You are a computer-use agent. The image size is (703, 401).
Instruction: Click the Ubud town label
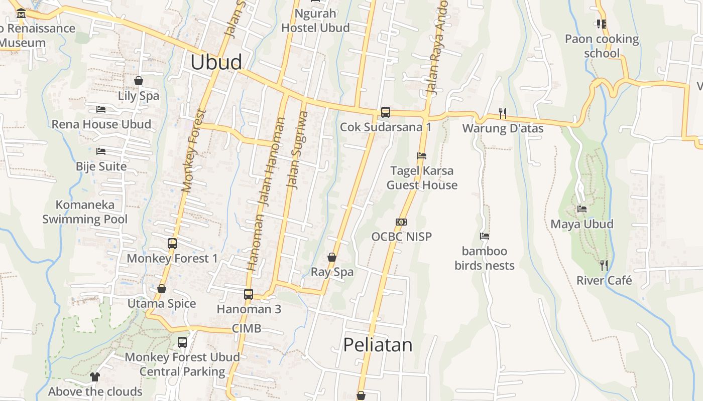216,62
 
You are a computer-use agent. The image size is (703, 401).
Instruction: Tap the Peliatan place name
378,345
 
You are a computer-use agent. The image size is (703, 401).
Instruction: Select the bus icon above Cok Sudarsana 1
385,112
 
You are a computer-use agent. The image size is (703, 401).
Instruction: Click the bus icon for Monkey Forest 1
172,244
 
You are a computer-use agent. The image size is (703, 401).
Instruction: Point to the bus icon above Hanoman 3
249,294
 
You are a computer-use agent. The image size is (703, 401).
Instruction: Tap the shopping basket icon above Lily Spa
139,81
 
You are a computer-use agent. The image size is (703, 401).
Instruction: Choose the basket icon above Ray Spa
332,257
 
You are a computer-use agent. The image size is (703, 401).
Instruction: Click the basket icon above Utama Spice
162,289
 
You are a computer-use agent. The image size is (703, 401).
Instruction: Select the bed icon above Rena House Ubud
101,109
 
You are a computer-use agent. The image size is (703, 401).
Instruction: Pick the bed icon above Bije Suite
101,151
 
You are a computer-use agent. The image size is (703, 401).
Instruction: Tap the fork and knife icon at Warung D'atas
503,113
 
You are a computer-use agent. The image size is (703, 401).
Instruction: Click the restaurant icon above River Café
604,265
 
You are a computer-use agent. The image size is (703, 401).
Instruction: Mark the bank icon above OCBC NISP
401,222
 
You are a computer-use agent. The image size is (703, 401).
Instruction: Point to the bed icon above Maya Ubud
582,209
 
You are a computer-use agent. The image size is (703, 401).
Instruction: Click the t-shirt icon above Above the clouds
95,377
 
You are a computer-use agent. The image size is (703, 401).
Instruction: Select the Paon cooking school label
602,46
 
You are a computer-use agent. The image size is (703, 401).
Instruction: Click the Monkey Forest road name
194,151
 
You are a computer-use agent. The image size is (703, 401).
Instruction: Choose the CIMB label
247,329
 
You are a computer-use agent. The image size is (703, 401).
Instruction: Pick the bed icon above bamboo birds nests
485,236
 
